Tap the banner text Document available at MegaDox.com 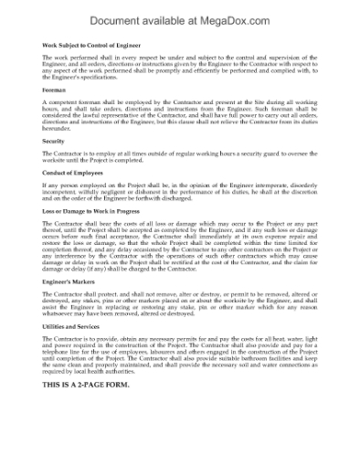pos(180,14)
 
